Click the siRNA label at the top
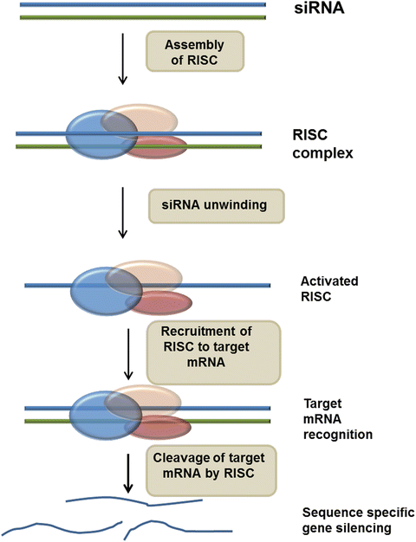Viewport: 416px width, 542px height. click(x=319, y=9)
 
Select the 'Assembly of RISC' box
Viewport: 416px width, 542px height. click(x=195, y=51)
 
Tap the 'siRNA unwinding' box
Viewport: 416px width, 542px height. click(x=217, y=206)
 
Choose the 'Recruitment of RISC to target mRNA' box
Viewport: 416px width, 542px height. click(x=213, y=352)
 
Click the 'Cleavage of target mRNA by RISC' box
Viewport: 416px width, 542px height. click(x=211, y=470)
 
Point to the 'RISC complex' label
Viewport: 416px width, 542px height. click(x=322, y=144)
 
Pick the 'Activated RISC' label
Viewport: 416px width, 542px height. click(x=329, y=288)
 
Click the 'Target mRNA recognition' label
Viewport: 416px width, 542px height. click(x=338, y=419)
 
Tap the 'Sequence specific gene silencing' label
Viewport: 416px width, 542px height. click(x=359, y=519)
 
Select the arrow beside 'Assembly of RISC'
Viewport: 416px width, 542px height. click(x=122, y=59)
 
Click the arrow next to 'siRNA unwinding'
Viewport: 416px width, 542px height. click(x=122, y=213)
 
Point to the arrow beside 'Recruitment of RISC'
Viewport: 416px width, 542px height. click(x=128, y=354)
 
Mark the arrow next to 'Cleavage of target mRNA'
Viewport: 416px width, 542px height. click(x=128, y=474)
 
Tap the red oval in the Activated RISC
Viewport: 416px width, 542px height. click(x=159, y=303)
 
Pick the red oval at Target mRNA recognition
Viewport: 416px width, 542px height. click(x=158, y=427)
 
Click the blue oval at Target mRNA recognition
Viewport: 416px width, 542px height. click(x=106, y=416)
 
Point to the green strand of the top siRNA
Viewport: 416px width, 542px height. click(x=143, y=17)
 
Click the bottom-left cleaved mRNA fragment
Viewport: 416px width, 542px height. click(x=62, y=529)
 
